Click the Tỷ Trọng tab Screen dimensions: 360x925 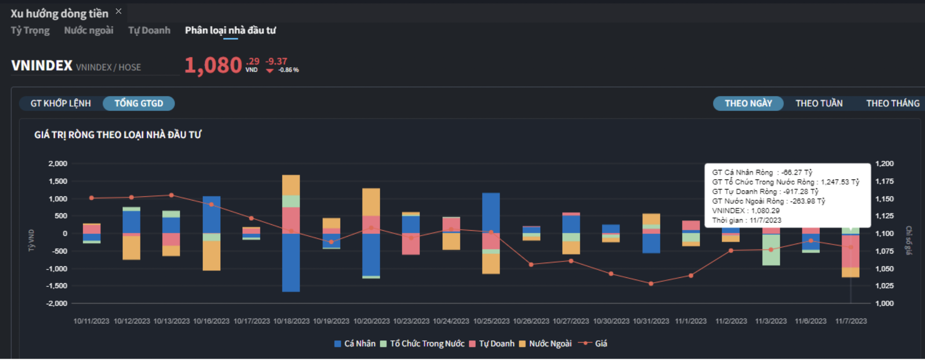point(30,31)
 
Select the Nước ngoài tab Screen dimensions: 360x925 point(89,31)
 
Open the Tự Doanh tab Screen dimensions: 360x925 point(149,31)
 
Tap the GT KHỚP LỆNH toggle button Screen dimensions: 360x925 point(61,103)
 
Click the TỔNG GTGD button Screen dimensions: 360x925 point(139,103)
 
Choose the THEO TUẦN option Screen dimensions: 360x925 point(819,103)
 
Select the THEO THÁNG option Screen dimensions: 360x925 point(893,103)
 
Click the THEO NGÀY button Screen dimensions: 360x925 point(748,103)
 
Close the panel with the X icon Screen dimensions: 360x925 point(119,11)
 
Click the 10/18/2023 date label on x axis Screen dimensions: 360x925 point(292,321)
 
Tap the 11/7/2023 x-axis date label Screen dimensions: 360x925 point(851,321)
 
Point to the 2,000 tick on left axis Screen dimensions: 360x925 point(58,164)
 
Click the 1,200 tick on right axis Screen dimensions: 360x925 point(885,164)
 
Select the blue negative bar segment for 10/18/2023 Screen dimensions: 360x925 point(291,263)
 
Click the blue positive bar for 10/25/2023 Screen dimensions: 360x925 point(491,213)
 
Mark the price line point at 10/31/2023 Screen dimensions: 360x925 point(651,284)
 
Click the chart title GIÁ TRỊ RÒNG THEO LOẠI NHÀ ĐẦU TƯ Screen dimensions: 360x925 point(118,135)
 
